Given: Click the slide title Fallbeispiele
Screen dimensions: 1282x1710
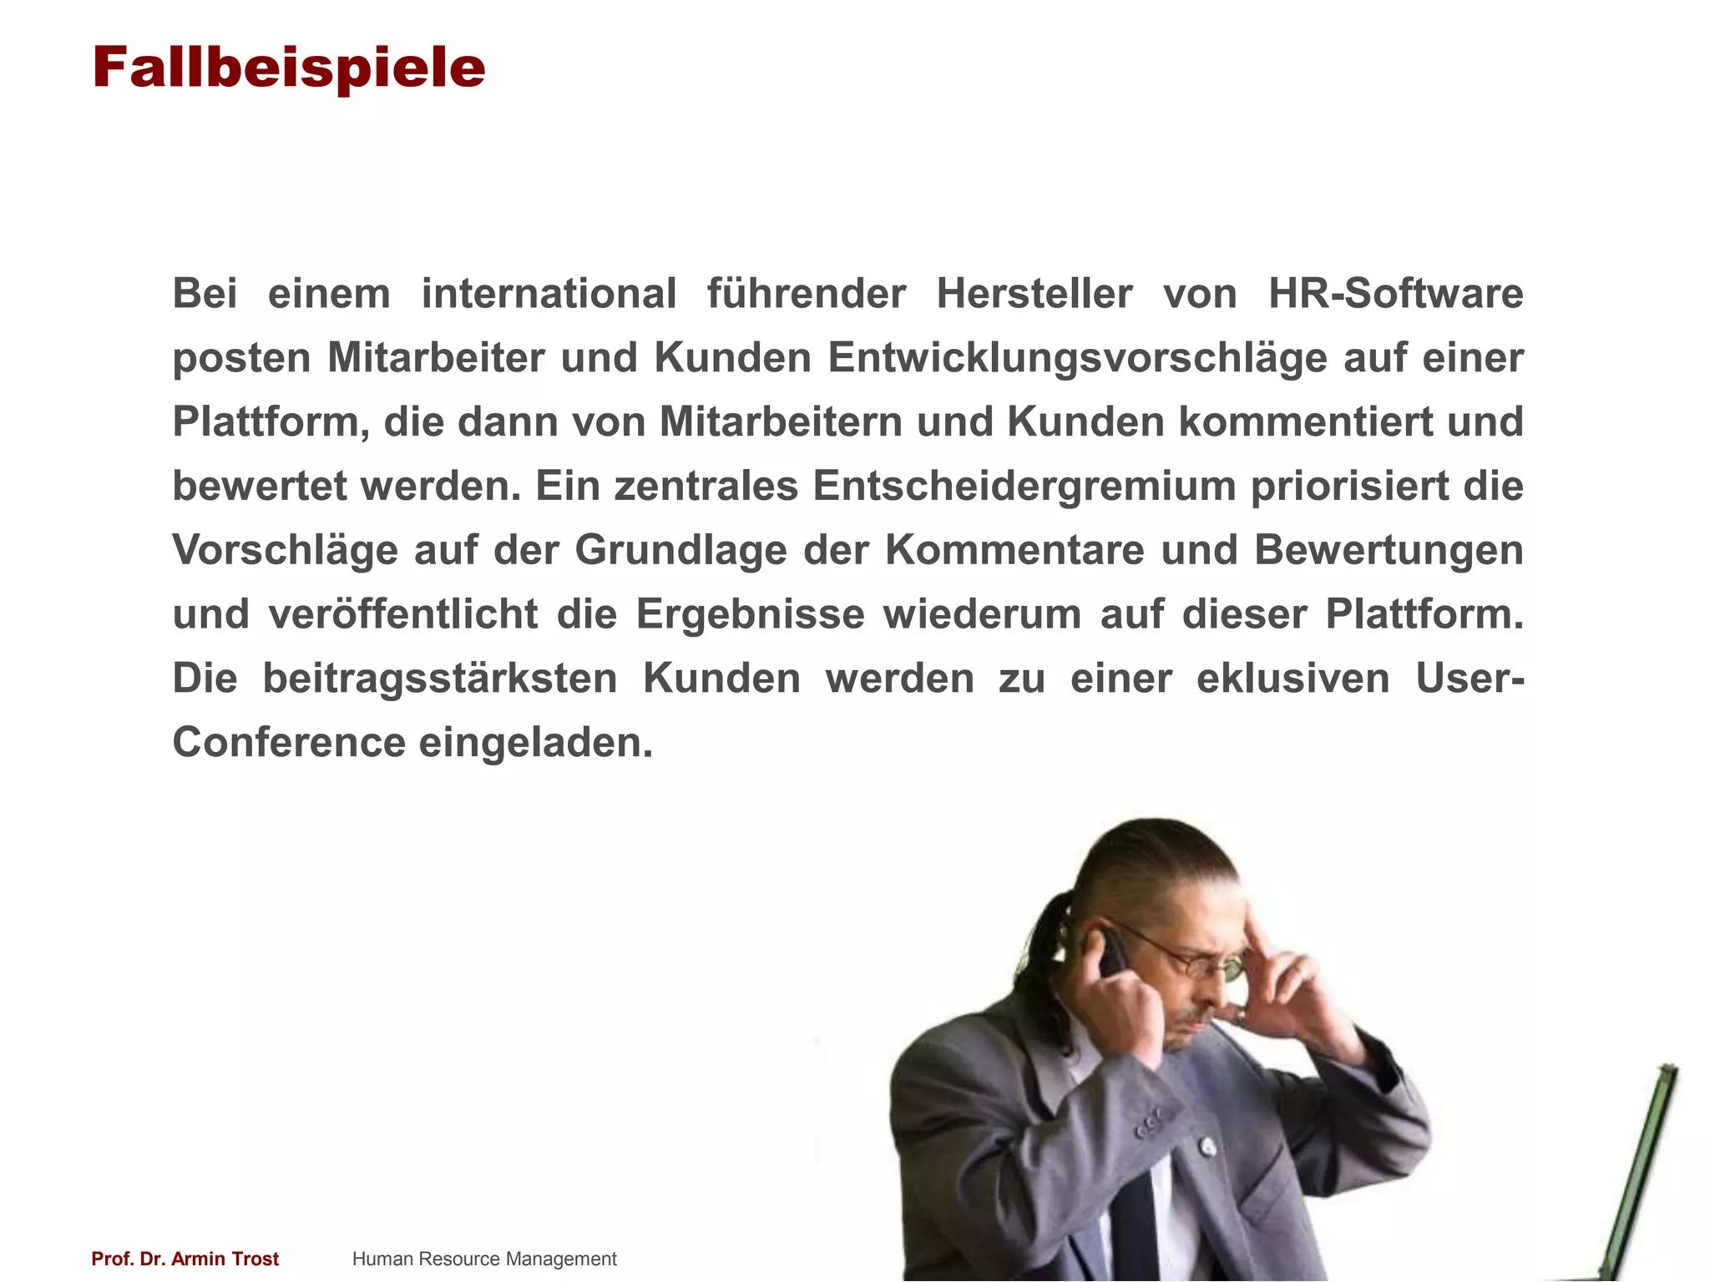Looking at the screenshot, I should click(x=288, y=68).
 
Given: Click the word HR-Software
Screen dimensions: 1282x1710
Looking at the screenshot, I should click(x=1395, y=294).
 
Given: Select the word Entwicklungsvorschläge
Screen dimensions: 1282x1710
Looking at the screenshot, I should click(x=1078, y=358).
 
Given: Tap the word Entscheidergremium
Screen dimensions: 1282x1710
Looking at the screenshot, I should click(x=1024, y=487).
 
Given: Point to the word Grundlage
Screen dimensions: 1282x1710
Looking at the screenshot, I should click(x=680, y=551).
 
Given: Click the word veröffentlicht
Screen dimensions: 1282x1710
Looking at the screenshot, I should click(x=403, y=614).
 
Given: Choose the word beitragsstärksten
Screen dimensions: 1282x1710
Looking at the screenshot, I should click(x=440, y=679).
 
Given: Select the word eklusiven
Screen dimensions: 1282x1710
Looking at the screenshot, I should click(x=1293, y=679).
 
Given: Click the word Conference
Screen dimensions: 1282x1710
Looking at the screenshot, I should click(x=289, y=743).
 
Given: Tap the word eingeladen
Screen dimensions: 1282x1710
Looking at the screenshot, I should click(x=535, y=743).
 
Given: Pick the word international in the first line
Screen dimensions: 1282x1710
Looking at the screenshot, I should click(x=549, y=294).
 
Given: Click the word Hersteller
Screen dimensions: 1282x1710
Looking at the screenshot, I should click(x=1035, y=294).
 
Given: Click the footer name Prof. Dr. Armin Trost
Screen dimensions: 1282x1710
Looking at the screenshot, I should click(x=185, y=1259).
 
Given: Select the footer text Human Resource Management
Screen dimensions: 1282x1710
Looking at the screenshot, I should click(x=484, y=1259).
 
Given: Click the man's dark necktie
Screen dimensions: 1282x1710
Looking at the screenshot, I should click(x=1134, y=1227).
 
